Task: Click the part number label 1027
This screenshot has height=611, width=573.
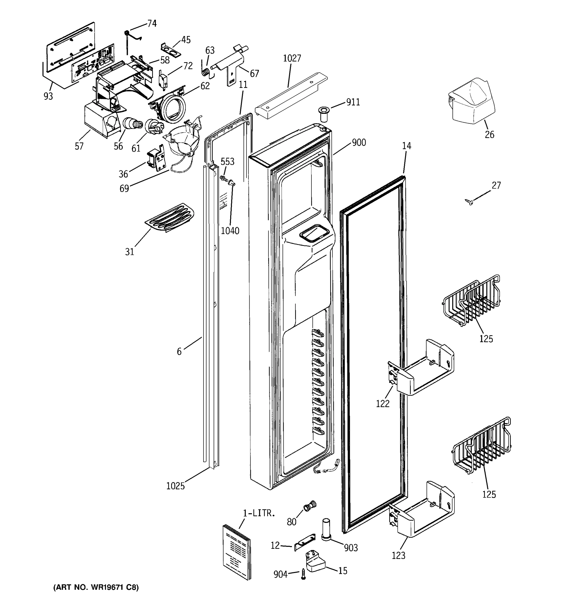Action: click(x=292, y=58)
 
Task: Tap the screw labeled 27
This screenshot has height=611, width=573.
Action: click(x=469, y=202)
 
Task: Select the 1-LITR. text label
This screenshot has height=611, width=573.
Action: click(x=258, y=513)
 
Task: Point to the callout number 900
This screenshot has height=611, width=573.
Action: click(x=359, y=143)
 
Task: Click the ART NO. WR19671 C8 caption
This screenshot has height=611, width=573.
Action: click(x=96, y=587)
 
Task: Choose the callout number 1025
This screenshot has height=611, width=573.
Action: click(x=175, y=486)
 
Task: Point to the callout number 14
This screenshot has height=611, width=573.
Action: click(x=406, y=146)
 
